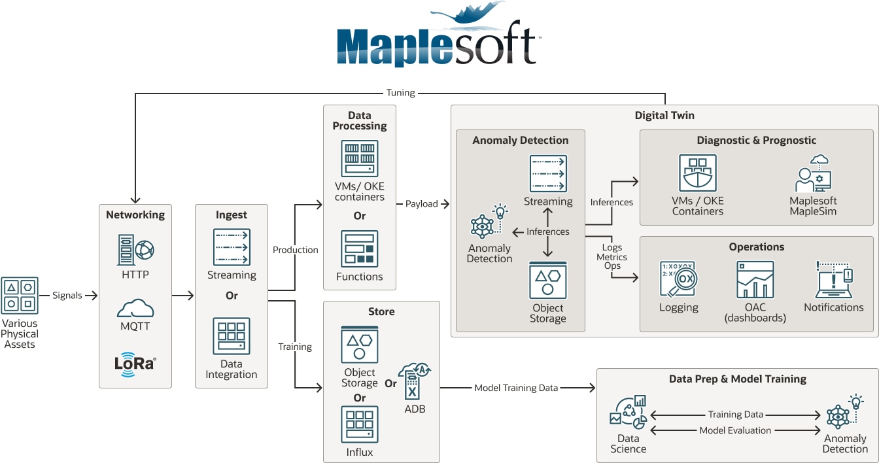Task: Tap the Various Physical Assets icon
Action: point(20,295)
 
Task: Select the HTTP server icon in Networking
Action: point(135,249)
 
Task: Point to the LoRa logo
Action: point(135,363)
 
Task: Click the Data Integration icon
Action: point(232,336)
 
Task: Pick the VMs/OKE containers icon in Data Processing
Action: point(360,158)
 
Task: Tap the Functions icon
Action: point(360,249)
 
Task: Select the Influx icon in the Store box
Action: point(360,424)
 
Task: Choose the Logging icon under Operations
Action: point(678,279)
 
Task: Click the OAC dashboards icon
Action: point(755,279)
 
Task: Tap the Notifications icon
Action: point(833,279)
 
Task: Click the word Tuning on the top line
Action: point(400,93)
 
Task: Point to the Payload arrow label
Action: point(421,204)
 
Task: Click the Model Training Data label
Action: point(516,388)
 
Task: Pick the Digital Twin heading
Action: point(664,116)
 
